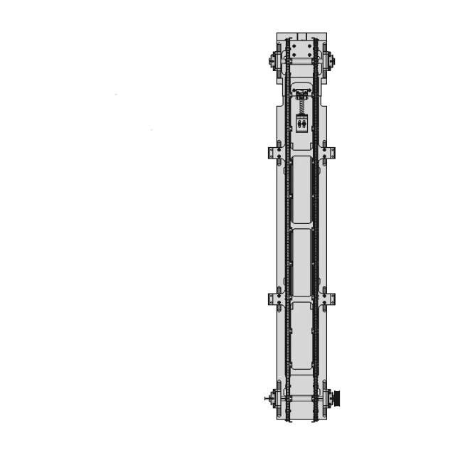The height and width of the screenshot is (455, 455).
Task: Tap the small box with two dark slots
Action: coord(301,123)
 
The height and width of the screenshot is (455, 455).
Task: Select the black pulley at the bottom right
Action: coord(338,399)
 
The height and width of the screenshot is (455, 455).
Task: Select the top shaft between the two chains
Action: coord(301,63)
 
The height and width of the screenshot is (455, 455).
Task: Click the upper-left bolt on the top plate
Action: coord(294,46)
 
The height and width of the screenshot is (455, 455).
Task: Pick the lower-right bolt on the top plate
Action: coord(309,55)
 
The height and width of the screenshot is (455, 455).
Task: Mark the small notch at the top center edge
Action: coord(301,34)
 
